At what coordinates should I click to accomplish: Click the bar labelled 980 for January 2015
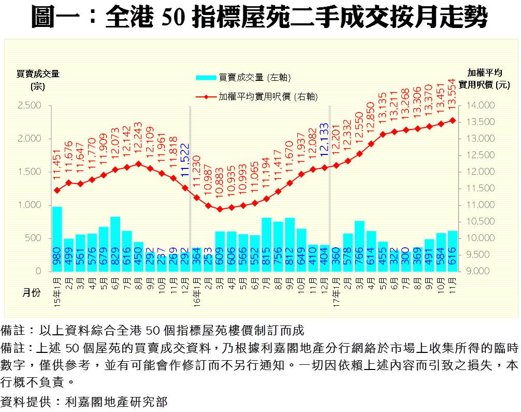click(x=57, y=239)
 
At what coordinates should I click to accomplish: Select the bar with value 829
click(x=115, y=244)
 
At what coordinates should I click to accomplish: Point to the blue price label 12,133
click(x=324, y=140)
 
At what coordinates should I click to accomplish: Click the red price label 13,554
click(x=452, y=94)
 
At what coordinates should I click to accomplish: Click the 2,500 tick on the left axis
click(x=29, y=106)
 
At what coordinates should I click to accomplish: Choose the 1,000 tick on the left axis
click(x=29, y=205)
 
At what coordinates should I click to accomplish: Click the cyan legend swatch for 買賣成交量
click(x=206, y=78)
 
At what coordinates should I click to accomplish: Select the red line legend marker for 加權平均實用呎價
click(x=206, y=96)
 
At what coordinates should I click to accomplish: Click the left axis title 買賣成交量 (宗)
click(x=38, y=79)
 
